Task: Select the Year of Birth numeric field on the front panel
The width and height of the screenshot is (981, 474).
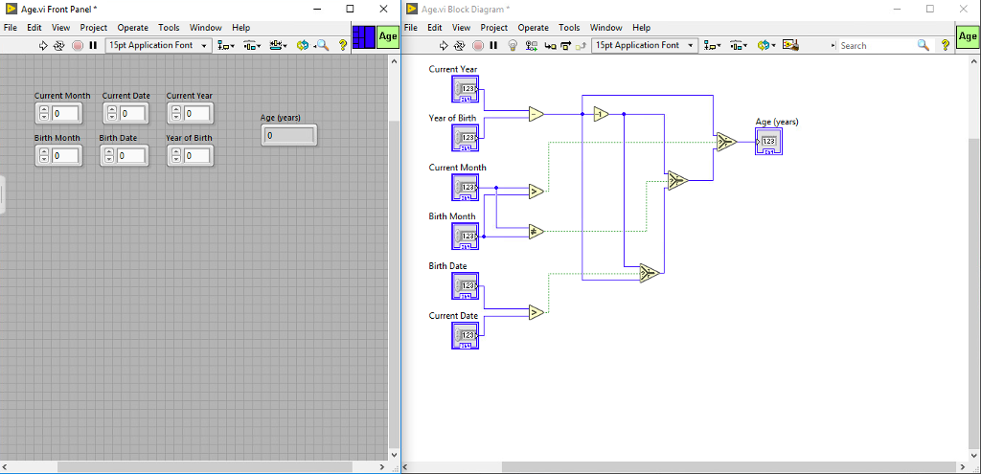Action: point(196,156)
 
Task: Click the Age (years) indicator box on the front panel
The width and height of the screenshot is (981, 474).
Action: point(289,136)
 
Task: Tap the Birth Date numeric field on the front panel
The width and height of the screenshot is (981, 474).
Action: point(131,156)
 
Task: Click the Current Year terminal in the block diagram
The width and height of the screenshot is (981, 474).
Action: point(465,89)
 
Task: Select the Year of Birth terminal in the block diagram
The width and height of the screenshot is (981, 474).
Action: point(465,139)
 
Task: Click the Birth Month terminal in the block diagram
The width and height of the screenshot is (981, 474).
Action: point(465,237)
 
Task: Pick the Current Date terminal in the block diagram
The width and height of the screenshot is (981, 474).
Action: point(465,335)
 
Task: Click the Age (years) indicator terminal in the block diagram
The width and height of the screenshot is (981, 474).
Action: point(768,142)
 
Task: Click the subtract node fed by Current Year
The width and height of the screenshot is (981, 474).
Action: point(536,114)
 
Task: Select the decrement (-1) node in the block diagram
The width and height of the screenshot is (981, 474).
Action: point(601,114)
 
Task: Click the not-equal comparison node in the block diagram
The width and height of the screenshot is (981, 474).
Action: point(536,231)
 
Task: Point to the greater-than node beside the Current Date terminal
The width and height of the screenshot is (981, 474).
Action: point(536,312)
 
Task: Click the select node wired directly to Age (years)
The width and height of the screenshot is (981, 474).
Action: point(724,142)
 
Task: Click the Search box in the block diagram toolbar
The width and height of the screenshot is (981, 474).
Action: point(877,45)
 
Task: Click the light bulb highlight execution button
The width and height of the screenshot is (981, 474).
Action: point(513,45)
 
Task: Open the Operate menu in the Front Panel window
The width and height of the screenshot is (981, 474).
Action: point(133,28)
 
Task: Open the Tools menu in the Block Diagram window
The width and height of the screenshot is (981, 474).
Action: point(569,28)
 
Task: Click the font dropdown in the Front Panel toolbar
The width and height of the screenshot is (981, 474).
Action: point(158,45)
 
